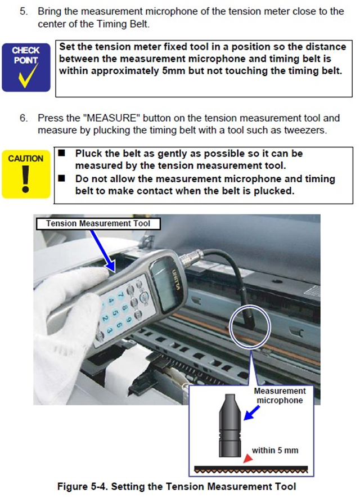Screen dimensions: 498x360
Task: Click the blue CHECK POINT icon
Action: coord(26,66)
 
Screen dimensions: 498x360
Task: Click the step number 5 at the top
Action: coord(24,11)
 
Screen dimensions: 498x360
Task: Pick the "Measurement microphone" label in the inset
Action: coord(280,395)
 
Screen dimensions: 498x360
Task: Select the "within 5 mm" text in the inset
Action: coord(276,450)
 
